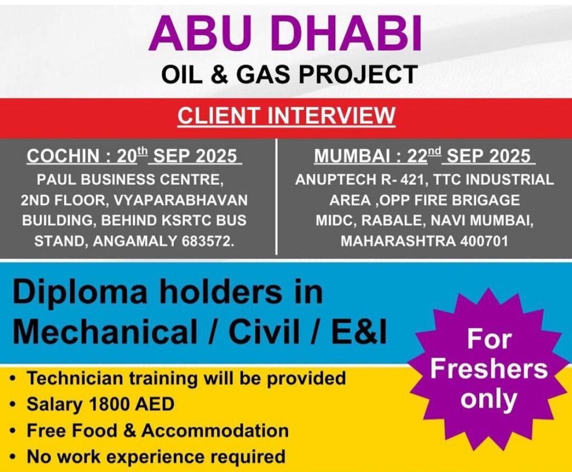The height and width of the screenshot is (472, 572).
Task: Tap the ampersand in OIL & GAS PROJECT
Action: (x=219, y=74)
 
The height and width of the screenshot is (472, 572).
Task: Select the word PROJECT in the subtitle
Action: (x=358, y=74)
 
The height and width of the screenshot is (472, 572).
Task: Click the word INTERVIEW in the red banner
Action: (x=331, y=115)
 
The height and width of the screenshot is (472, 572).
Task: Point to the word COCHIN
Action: (x=63, y=156)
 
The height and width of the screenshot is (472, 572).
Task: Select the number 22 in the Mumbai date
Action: (x=417, y=156)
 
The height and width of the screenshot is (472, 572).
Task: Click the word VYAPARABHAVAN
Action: (x=180, y=200)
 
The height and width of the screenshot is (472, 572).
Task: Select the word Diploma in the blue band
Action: (x=80, y=293)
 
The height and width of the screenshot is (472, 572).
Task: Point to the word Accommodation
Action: (x=215, y=431)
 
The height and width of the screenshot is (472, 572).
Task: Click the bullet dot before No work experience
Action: (x=13, y=457)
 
